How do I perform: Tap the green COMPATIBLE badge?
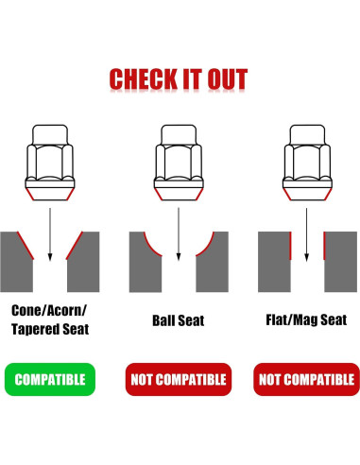point(49,380)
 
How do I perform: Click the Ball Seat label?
point(178,321)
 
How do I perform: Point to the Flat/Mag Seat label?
point(306,320)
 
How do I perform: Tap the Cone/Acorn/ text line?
point(49,309)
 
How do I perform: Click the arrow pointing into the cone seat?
point(49,232)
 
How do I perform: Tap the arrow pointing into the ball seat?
point(178,232)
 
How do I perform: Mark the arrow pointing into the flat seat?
point(306,232)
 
